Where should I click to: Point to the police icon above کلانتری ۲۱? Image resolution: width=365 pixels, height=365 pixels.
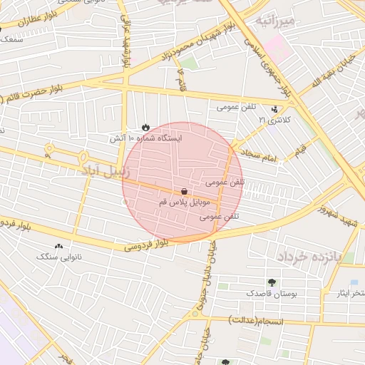275,109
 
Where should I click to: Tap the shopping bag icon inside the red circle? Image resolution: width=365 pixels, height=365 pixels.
185,191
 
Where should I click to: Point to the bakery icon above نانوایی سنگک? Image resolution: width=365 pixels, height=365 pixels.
58,246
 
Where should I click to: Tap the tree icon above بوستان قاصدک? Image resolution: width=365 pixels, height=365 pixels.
271,282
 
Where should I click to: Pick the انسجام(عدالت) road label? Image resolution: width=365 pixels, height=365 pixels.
256,322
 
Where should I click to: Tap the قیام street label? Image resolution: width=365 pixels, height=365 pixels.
301,151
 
